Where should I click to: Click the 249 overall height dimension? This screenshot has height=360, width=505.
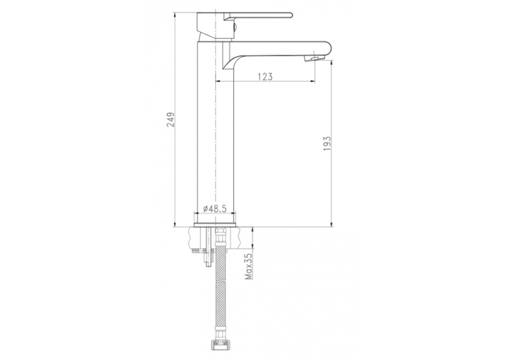[x=170, y=120]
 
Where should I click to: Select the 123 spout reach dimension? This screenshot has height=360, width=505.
[x=265, y=77]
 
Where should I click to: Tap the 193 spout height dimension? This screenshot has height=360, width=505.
[x=327, y=143]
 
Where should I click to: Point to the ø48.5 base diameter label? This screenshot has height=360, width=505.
[x=215, y=209]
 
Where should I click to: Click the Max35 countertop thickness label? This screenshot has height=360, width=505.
[x=249, y=266]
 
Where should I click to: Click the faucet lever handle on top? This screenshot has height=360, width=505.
[x=258, y=16]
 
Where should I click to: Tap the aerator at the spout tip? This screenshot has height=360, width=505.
[x=312, y=58]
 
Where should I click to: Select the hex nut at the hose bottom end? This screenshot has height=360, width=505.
[x=220, y=351]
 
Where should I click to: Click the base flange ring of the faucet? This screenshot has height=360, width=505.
[x=215, y=225]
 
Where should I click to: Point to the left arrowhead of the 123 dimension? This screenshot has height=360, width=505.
[x=217, y=81]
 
